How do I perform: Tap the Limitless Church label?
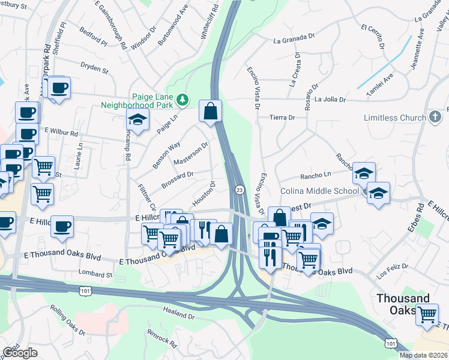click(394, 118)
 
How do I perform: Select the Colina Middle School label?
click(319, 191)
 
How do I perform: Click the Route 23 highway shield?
click(239, 190)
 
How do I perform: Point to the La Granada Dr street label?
click(294, 39)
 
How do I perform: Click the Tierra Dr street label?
click(283, 118)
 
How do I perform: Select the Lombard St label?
click(95, 274)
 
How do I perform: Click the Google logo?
click(20, 353)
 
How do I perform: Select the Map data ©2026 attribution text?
click(424, 355)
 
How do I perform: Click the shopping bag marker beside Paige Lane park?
click(210, 112)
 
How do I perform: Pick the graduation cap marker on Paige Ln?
click(137, 119)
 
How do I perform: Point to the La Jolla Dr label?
click(330, 100)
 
